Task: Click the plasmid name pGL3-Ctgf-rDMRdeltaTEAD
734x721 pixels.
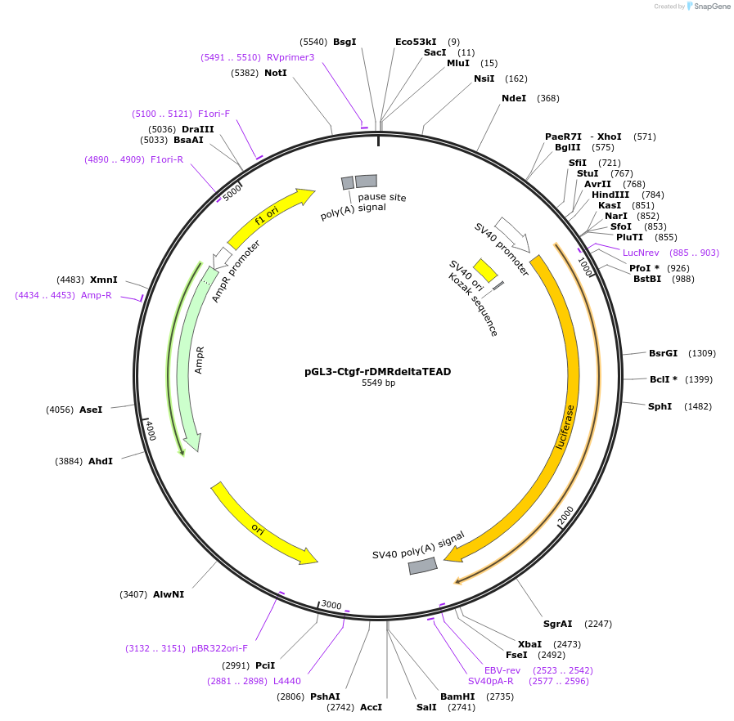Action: coord(377,371)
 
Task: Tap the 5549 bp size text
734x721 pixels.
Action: coord(378,383)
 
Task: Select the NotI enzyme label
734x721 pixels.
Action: coord(276,73)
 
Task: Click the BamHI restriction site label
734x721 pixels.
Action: coord(457,696)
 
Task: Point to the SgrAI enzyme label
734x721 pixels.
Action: coord(557,624)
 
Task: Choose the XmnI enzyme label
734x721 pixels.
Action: coord(104,280)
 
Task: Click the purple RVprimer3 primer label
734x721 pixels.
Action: coord(290,57)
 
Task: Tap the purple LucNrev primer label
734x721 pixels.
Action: coord(641,253)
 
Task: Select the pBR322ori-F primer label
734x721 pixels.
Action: coord(219,648)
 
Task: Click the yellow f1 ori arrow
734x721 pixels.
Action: coord(270,217)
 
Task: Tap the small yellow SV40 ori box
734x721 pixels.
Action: coord(486,270)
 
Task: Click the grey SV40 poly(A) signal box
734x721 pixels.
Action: coord(422,566)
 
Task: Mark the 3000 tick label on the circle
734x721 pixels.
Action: coord(331,605)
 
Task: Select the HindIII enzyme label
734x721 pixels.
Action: coord(610,195)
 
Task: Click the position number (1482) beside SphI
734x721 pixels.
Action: coord(698,406)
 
